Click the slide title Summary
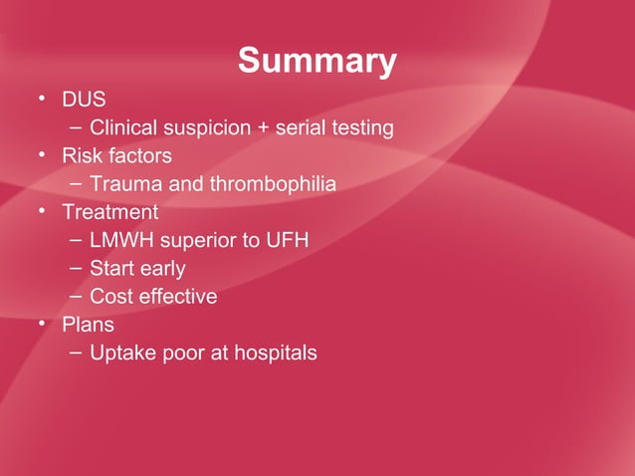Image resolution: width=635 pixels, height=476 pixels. (x=317, y=62)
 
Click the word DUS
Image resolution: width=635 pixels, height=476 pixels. (x=84, y=101)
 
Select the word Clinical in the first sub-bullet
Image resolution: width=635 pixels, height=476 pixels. (x=124, y=128)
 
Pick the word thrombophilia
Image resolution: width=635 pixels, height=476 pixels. (x=280, y=184)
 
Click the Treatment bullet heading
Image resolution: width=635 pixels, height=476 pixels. (x=109, y=212)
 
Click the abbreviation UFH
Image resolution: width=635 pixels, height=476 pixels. (x=290, y=240)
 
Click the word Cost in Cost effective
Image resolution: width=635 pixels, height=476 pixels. (x=109, y=296)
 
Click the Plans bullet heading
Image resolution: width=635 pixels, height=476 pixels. (x=88, y=324)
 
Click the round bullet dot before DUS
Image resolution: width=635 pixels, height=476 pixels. (x=43, y=100)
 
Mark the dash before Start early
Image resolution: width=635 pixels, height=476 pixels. (x=77, y=269)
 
